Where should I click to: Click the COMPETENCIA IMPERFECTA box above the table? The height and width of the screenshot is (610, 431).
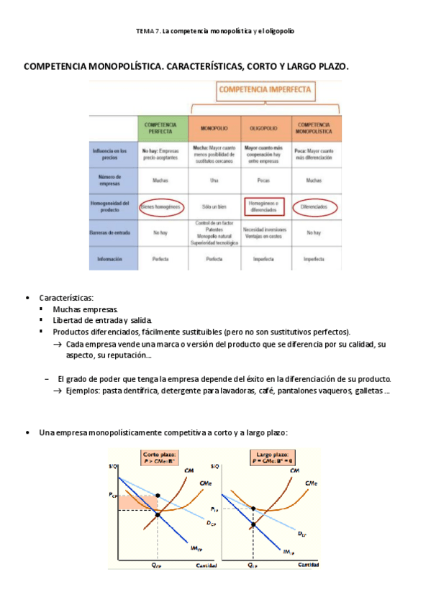point(265,91)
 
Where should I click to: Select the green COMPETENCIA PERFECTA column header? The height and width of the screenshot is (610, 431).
point(161,127)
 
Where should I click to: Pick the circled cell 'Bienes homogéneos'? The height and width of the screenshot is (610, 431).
point(161,206)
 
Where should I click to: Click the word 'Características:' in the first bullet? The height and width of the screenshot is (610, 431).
point(66,298)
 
